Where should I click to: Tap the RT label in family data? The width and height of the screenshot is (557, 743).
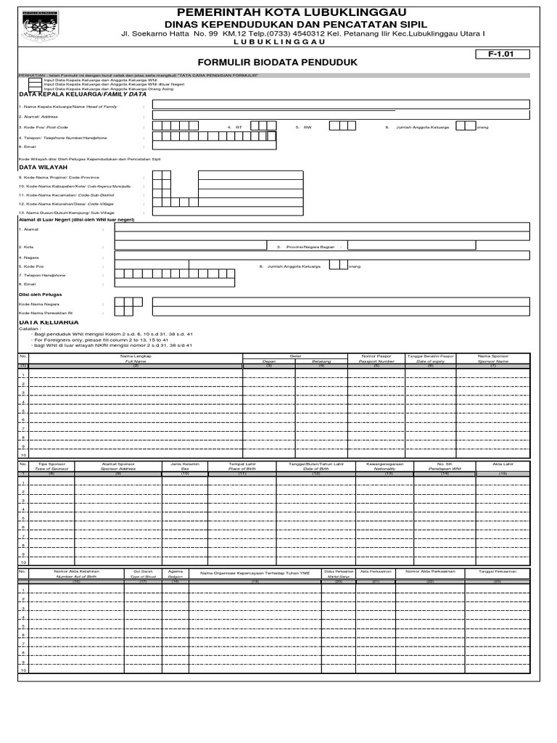238,126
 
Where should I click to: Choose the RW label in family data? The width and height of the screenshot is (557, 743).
308,126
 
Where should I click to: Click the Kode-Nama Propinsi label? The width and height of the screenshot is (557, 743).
61,176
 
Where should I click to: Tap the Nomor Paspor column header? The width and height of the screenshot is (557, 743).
376,357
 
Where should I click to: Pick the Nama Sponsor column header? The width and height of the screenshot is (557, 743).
493,357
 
